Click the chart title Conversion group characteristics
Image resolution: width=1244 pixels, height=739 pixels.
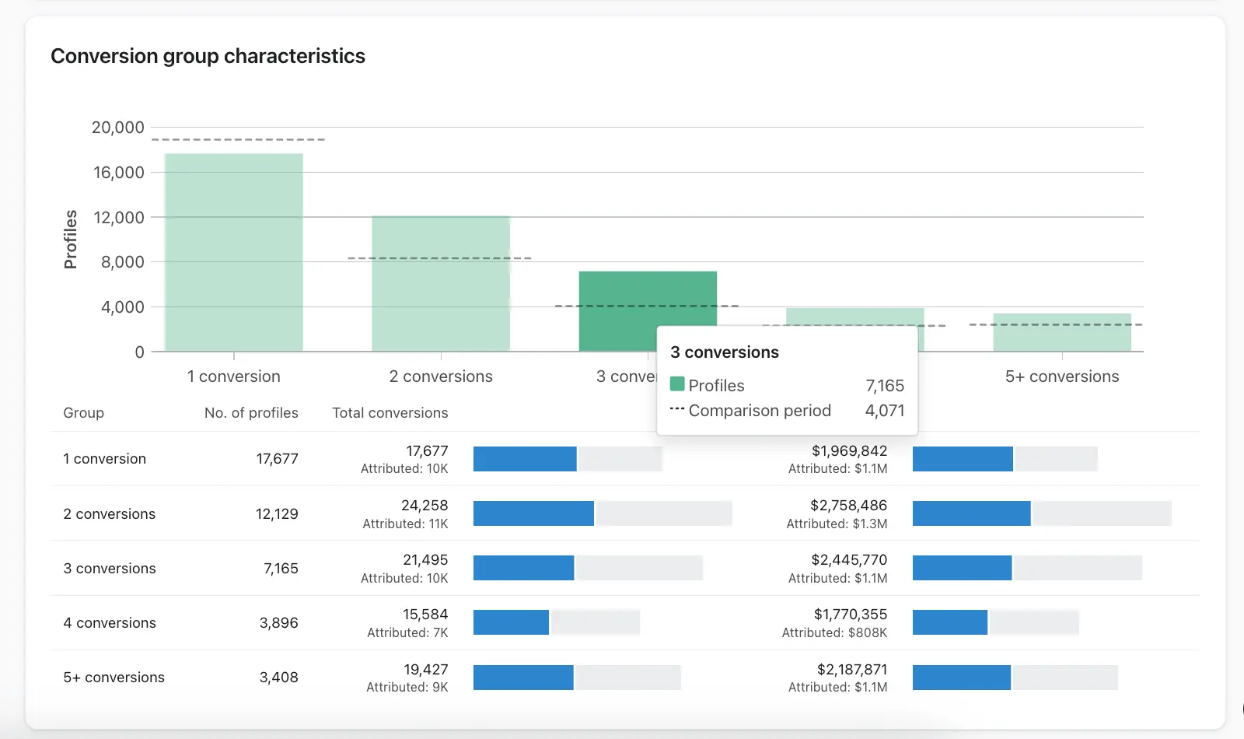coord(208,56)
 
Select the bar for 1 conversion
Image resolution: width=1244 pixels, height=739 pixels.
coord(233,252)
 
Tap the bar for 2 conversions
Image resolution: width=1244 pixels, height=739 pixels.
coord(441,283)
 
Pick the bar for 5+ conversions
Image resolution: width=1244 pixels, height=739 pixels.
coord(1061,333)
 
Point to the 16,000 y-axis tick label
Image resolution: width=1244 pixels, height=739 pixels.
coord(119,173)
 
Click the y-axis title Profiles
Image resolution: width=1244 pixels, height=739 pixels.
coord(71,239)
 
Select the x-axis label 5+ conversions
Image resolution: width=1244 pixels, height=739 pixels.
coord(1061,377)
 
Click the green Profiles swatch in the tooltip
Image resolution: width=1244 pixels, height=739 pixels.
coord(677,384)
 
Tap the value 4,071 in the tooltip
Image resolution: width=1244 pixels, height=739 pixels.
coord(885,411)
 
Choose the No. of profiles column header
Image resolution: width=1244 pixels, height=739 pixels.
coord(251,413)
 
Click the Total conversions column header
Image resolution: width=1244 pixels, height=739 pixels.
coord(390,413)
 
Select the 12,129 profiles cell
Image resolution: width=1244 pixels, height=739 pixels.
coord(277,514)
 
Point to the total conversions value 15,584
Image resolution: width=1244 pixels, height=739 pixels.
coord(425,615)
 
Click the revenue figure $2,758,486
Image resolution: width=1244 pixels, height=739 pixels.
coord(848,506)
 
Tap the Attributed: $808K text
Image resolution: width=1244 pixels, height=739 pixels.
coord(834,633)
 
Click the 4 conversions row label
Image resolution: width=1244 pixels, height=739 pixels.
coord(110,623)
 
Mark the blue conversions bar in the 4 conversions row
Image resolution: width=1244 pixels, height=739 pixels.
coord(511,622)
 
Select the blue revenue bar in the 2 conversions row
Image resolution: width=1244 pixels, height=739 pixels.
coord(971,513)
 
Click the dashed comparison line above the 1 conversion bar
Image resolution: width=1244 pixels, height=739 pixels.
coord(238,140)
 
